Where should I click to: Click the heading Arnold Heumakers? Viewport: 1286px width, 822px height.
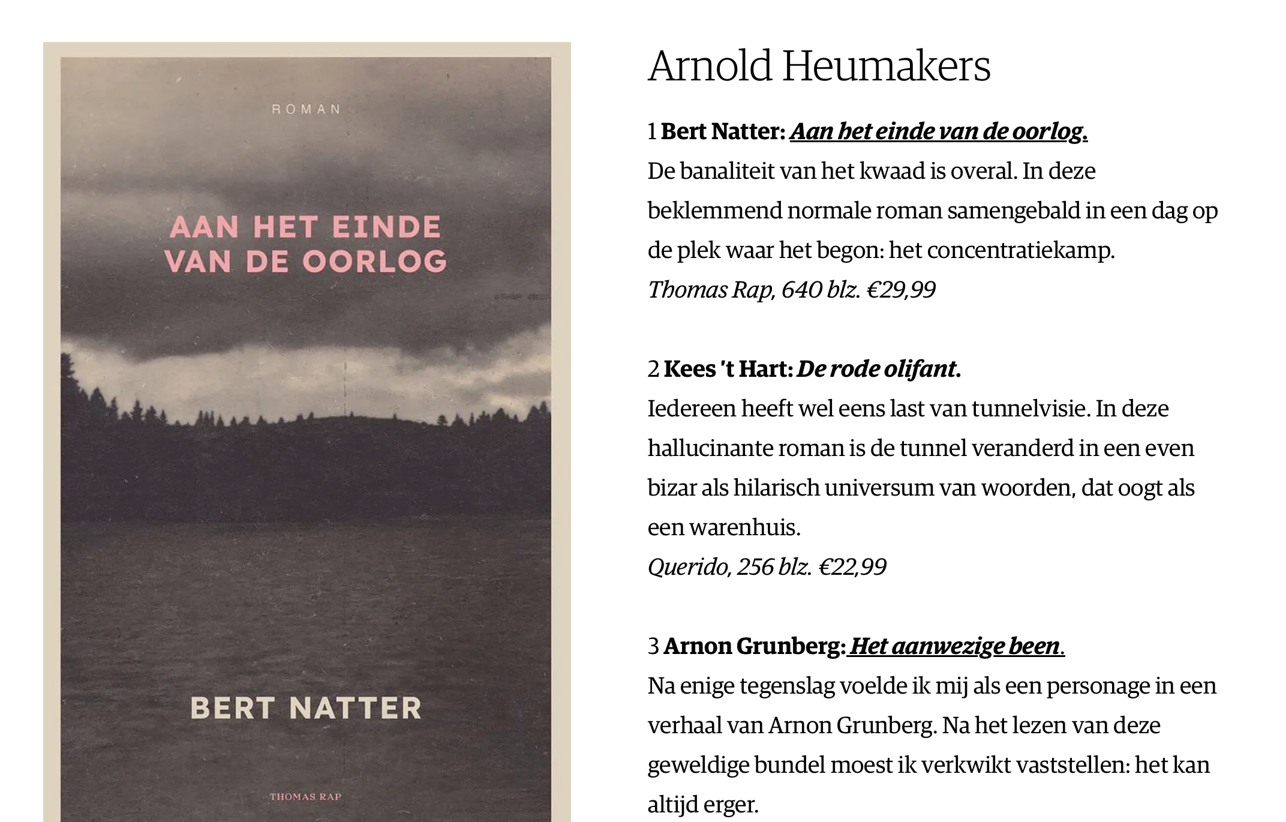point(819,66)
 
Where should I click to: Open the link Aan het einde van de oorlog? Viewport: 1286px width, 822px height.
point(938,131)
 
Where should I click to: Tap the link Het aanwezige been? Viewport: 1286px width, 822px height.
point(955,646)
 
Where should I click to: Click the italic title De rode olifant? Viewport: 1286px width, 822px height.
point(876,369)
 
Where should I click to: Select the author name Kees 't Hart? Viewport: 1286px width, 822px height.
point(728,369)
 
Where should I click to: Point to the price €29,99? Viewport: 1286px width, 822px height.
point(901,290)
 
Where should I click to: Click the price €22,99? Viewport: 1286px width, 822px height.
point(852,567)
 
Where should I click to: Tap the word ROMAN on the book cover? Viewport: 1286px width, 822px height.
point(306,109)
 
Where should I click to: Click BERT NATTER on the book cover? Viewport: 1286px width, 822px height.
point(306,708)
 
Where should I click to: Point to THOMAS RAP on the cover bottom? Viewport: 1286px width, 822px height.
point(305,797)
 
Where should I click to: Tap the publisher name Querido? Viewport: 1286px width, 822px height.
point(687,567)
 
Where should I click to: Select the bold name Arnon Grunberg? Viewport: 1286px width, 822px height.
point(755,646)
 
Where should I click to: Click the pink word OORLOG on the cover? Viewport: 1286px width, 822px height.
point(375,262)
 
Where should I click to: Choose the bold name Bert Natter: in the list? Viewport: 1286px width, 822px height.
point(723,131)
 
